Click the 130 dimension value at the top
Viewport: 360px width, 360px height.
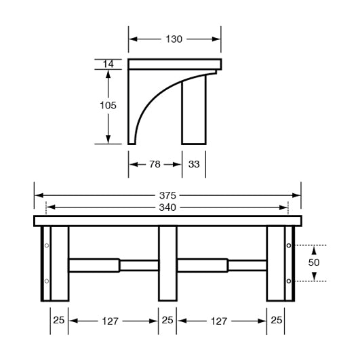[174, 39]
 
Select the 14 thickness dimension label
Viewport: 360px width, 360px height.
[108, 64]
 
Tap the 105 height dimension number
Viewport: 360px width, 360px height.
[107, 105]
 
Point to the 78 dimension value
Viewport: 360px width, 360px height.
[155, 165]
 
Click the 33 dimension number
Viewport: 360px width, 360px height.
[194, 165]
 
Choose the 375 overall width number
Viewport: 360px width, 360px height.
[167, 195]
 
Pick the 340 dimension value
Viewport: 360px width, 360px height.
[167, 207]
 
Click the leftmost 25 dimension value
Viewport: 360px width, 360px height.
[59, 320]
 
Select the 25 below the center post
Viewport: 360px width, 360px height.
[167, 320]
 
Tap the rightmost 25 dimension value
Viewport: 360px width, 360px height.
[276, 320]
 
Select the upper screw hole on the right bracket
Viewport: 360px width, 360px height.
[289, 245]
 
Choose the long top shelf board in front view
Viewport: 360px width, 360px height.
[167, 221]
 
